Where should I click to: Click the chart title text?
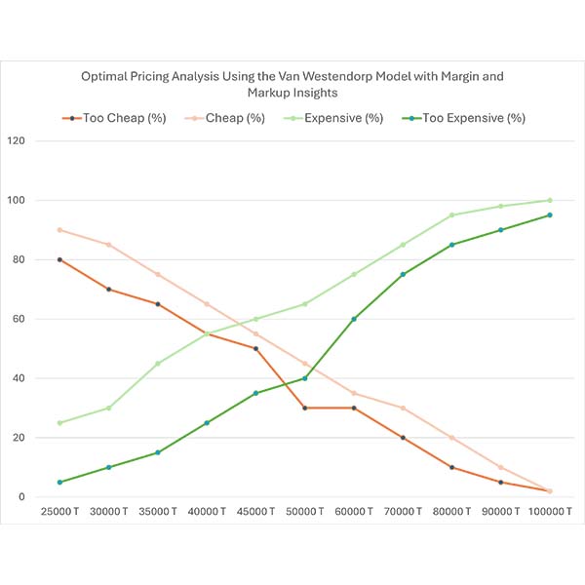292,83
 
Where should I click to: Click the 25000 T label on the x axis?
59,511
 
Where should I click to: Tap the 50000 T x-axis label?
304,511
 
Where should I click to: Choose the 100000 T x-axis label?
549,511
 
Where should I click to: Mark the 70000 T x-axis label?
402,511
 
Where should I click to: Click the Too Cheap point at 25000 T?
59,259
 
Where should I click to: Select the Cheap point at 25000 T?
59,230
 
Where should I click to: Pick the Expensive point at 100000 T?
549,200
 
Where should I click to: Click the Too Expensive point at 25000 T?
59,482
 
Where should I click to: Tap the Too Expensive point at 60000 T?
353,319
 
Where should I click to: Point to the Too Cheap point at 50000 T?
304,408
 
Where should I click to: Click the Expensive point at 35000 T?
157,364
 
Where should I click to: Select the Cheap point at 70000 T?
402,408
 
